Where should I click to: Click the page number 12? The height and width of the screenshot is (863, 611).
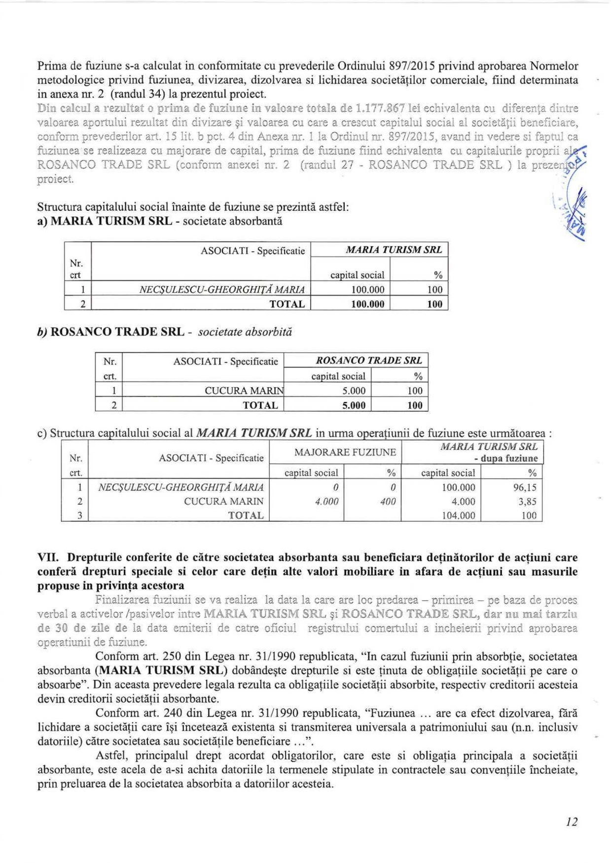coord(572,821)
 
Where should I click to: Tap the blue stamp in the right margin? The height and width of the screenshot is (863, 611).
coord(572,207)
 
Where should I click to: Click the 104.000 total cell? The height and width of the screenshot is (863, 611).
coord(458,515)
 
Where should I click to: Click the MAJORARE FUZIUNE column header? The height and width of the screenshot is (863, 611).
coord(345,452)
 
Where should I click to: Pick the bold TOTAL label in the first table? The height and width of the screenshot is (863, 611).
coord(287,304)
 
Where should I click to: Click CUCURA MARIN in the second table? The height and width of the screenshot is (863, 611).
coord(244,391)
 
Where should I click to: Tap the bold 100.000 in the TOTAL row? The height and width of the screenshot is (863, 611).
coord(367,304)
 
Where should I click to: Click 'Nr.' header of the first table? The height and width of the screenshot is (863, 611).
coord(76,264)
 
